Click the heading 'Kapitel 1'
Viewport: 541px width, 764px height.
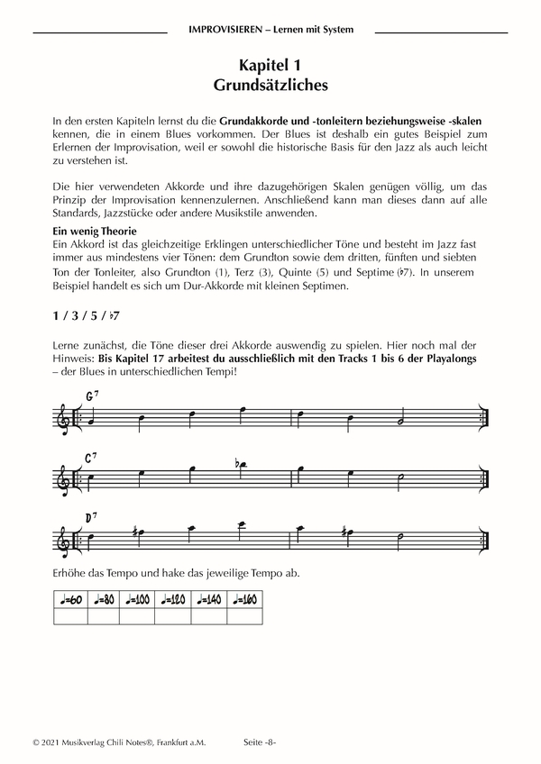[270, 66]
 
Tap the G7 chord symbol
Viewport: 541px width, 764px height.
[91, 397]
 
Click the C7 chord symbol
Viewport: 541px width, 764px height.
[91, 458]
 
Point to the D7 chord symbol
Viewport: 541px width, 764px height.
[91, 516]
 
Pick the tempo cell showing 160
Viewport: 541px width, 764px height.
[244, 599]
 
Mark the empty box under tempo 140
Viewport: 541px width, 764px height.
[210, 616]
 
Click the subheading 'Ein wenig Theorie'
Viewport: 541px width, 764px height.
[95, 232]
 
